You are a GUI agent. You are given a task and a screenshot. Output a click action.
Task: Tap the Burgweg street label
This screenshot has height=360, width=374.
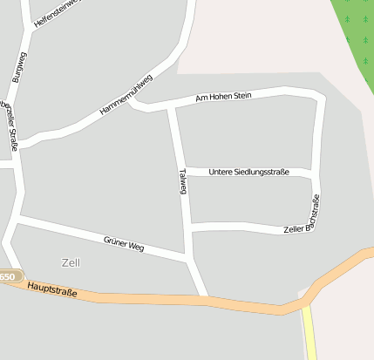click(x=19, y=67)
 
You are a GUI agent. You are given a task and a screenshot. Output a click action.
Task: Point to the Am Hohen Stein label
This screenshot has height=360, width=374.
click(x=223, y=97)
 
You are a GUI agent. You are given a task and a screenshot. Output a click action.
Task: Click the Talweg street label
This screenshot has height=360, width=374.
click(x=182, y=181)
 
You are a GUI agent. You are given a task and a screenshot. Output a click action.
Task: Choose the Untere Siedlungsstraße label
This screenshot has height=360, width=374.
click(x=248, y=172)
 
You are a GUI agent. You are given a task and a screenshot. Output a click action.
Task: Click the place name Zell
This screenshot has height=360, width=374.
click(x=71, y=262)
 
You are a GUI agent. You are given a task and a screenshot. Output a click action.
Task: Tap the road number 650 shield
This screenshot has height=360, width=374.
click(x=8, y=276)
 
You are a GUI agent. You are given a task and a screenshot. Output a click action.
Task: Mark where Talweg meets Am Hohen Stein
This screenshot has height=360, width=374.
click(x=172, y=107)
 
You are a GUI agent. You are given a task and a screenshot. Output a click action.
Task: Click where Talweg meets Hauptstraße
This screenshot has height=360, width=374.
click(x=206, y=298)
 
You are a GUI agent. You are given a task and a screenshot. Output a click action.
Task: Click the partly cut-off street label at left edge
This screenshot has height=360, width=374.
click(x=8, y=122)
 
